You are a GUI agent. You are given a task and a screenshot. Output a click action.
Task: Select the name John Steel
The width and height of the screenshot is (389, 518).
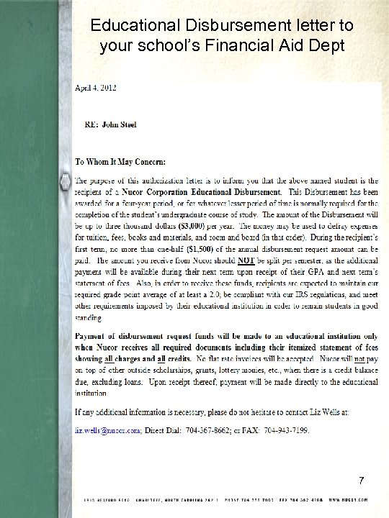click(122, 124)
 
